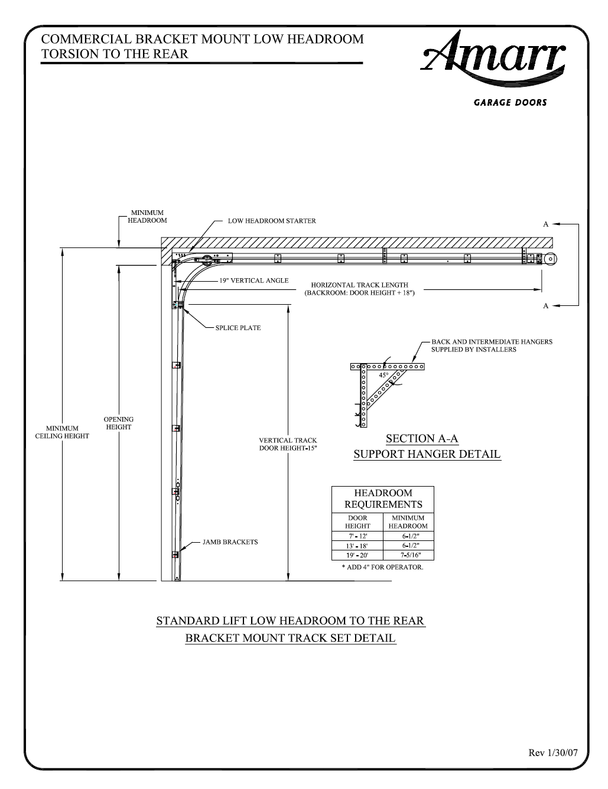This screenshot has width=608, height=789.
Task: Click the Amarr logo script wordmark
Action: click(493, 58)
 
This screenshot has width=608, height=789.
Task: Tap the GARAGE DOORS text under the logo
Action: click(510, 103)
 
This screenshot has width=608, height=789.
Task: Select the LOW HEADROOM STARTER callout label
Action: click(272, 221)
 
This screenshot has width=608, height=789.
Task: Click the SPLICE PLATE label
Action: click(238, 328)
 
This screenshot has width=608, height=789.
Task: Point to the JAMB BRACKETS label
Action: click(230, 542)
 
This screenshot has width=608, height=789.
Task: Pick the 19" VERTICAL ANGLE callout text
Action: click(254, 281)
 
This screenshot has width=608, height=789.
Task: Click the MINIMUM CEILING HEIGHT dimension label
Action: click(62, 432)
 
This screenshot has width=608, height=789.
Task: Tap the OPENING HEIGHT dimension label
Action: click(119, 423)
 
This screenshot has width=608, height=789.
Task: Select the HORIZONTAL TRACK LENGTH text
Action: click(360, 285)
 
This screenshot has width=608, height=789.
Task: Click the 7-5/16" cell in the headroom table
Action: click(411, 555)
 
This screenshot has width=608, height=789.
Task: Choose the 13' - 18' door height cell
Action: click(357, 546)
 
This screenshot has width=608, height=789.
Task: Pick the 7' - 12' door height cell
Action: click(358, 536)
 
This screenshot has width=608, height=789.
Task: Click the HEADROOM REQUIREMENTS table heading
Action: click(383, 498)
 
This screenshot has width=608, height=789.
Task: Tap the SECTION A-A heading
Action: click(422, 439)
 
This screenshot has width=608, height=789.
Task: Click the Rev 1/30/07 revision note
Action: click(553, 753)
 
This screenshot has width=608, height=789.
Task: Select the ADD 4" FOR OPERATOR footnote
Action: click(382, 567)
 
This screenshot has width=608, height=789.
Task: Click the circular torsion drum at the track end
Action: click(551, 259)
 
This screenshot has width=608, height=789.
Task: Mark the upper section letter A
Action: click(545, 224)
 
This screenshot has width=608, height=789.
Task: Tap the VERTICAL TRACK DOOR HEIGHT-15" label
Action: click(288, 444)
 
